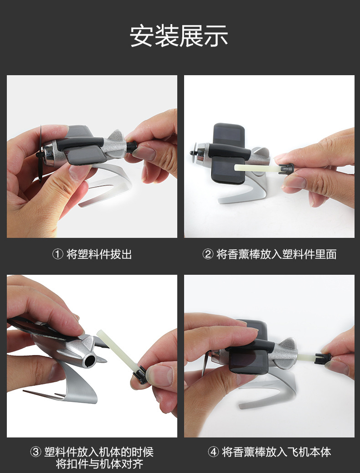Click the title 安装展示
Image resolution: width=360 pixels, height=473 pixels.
[x=179, y=36]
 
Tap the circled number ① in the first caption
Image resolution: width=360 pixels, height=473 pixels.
[x=57, y=254]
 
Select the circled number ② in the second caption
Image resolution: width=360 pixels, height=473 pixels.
[x=208, y=254]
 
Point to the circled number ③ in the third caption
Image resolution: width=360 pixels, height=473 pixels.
[x=36, y=452]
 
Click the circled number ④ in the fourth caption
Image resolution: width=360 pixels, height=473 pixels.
[x=213, y=452]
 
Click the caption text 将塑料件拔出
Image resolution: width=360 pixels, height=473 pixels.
[x=99, y=254]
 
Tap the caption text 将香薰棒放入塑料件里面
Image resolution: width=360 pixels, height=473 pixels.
[x=277, y=254]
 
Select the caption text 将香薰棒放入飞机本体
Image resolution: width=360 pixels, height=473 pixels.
[x=277, y=452]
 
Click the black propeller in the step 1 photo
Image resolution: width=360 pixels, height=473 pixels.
[x=40, y=154]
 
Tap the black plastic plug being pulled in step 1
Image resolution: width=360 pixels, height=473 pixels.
[x=132, y=147]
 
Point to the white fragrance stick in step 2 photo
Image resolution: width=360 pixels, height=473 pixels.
[x=257, y=168]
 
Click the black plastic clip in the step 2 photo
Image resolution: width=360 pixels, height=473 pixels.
[x=286, y=169]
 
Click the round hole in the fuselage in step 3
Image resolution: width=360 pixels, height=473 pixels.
[x=90, y=360]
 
